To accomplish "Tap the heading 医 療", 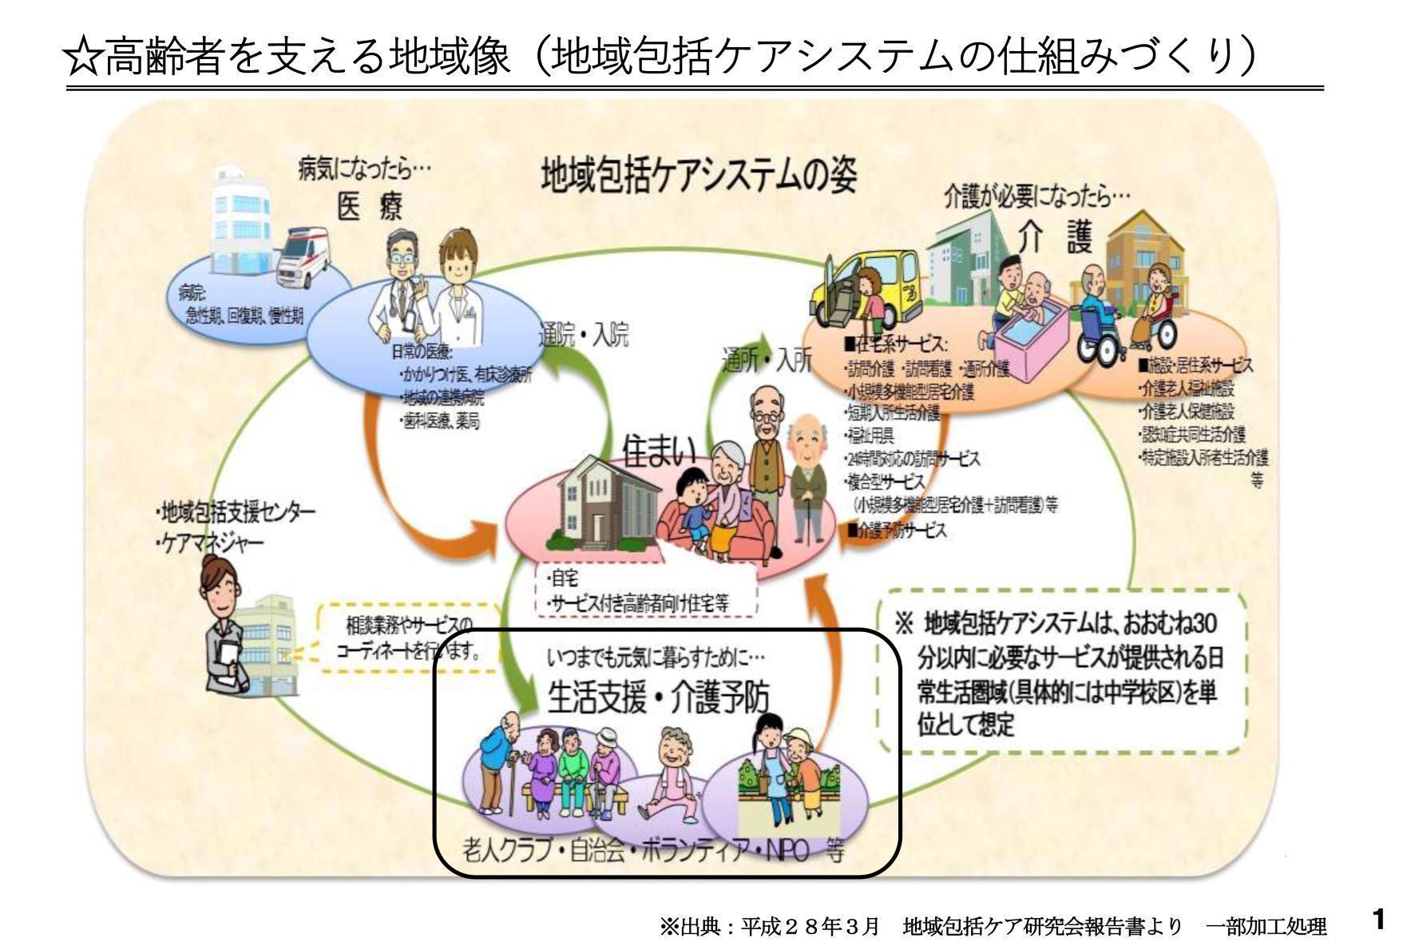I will pos(370,207).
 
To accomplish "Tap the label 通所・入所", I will pos(767,360).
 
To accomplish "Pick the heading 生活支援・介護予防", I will pos(659,697).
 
